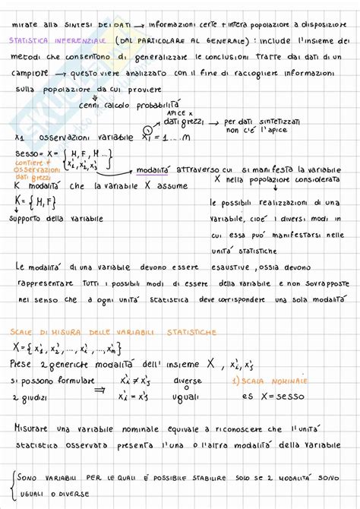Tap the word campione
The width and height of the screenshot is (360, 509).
tap(33, 74)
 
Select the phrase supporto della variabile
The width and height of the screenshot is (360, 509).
tap(55, 220)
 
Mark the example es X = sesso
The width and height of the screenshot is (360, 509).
tap(266, 397)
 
